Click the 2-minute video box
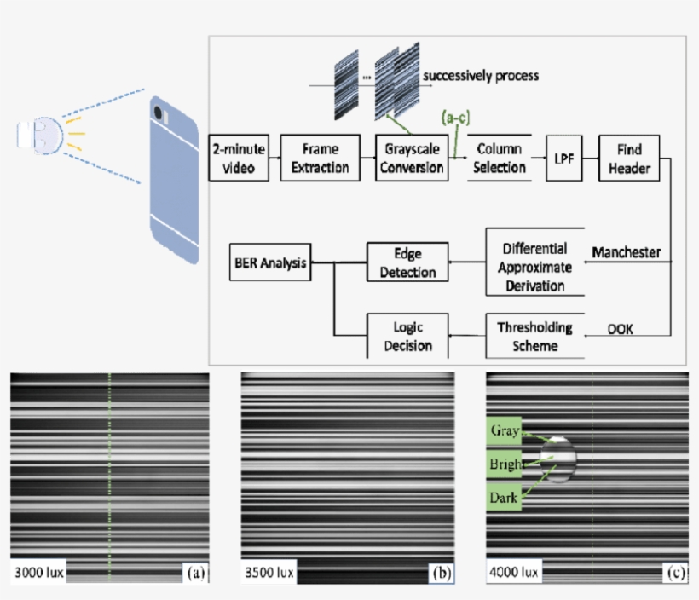coord(238,158)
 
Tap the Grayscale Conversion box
coord(412,158)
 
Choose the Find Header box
coord(631,158)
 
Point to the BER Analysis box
coord(270,263)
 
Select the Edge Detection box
coord(407,263)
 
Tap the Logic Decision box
coord(407,336)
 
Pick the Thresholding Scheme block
coord(534,336)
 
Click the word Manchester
coord(626,254)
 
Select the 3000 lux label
coord(38,572)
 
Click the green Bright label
coord(505,464)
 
